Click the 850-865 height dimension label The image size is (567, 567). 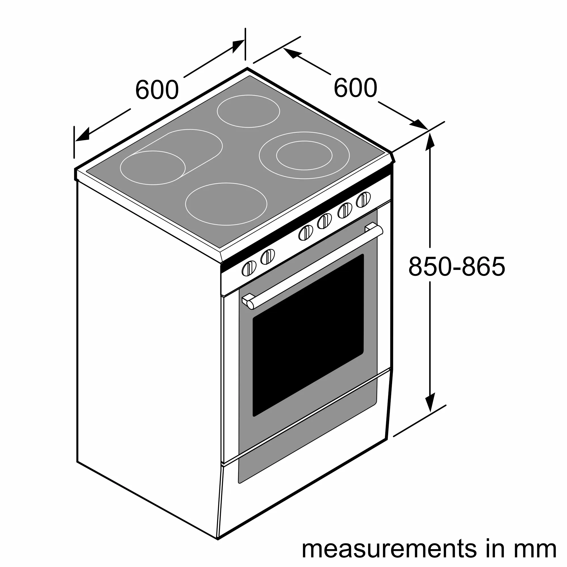457,266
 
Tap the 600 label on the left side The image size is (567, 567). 157,90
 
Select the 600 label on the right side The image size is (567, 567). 355,88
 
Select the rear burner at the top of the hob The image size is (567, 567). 248,111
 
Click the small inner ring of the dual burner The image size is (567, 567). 304,155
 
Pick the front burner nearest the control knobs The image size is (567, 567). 226,204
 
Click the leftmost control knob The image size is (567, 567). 249,268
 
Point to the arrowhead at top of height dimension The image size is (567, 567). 430,142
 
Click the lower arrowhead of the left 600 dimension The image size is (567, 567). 82,135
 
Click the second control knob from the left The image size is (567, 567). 268,257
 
